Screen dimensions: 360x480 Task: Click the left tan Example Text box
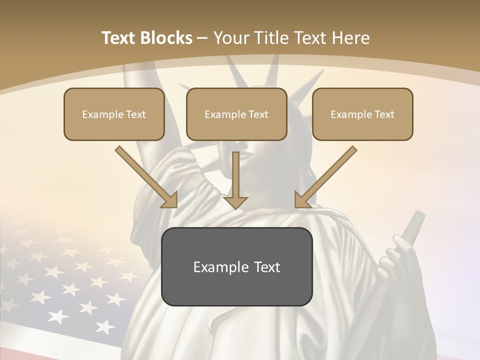[x=114, y=114]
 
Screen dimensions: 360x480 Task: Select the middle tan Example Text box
[x=236, y=114]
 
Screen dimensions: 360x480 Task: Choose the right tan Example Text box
[x=362, y=114]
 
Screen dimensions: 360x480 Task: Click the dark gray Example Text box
[x=236, y=266]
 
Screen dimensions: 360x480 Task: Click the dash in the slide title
[x=202, y=38]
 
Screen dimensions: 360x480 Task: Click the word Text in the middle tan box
[x=258, y=114]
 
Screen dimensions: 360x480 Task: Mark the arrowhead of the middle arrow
[x=236, y=202]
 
